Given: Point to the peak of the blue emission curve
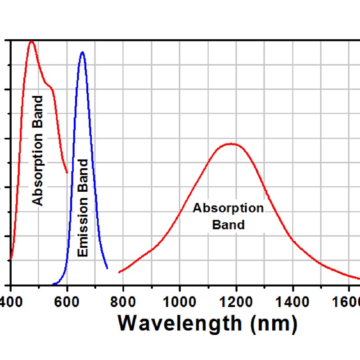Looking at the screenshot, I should (x=82, y=52).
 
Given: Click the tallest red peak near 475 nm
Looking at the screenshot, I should (x=31, y=41).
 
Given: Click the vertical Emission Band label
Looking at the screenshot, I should (x=83, y=207).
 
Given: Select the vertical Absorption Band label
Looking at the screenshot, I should (x=38, y=150).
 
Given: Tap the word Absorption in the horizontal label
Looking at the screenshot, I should (x=228, y=208).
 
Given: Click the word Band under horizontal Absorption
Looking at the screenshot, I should (x=228, y=224).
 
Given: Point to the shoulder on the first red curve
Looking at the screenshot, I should (x=51, y=87).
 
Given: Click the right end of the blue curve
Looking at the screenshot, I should (x=107, y=268).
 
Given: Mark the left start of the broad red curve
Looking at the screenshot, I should (x=119, y=272).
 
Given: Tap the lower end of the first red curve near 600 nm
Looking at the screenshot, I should (x=67, y=172).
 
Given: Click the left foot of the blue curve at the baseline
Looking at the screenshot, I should (x=54, y=284).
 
